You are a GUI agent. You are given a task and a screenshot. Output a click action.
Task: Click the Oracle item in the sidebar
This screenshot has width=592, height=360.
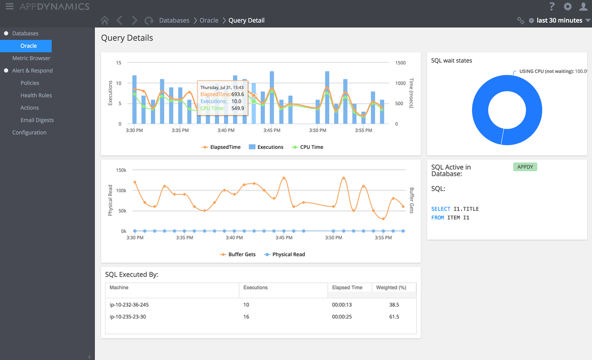(29, 46)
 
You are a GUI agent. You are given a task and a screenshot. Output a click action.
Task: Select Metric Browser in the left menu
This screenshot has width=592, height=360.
(31, 58)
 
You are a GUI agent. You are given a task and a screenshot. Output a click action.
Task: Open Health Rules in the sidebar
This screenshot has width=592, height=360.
(36, 95)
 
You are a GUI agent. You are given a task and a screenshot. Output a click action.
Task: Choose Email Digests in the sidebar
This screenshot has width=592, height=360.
(37, 120)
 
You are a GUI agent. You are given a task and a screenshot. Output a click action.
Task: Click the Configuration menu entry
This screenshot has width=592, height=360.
(29, 133)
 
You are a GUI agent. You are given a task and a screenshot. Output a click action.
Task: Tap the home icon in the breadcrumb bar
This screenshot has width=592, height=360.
(104, 20)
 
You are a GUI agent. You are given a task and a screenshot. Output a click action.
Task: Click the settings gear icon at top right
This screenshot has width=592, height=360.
(568, 6)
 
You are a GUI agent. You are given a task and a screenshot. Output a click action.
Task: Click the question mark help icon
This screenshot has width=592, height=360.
(552, 6)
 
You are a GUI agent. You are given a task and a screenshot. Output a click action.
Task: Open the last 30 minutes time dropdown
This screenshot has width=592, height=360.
(559, 20)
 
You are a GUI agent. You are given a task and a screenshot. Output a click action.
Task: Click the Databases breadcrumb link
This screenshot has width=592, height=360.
(174, 20)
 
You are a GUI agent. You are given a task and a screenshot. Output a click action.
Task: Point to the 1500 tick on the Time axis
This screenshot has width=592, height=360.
(400, 63)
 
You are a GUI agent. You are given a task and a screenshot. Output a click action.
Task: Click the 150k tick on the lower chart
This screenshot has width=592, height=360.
(121, 170)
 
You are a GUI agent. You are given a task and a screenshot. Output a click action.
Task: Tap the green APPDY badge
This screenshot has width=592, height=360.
(525, 167)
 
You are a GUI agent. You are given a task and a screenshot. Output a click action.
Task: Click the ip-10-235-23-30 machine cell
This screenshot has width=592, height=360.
(128, 317)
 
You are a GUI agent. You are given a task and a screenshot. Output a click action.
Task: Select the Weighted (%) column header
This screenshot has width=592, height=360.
(391, 288)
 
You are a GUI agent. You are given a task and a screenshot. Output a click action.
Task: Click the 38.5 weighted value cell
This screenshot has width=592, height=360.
(394, 305)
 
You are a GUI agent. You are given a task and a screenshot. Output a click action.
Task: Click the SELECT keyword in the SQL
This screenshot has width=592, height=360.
(441, 209)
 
